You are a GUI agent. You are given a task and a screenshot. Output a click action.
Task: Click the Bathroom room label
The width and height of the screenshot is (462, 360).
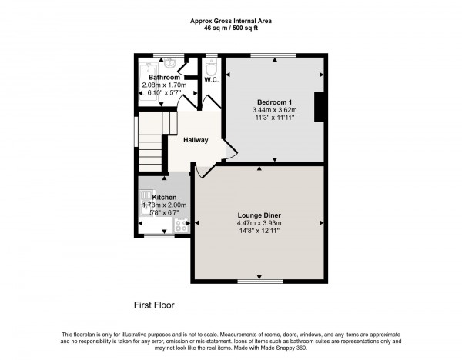164,78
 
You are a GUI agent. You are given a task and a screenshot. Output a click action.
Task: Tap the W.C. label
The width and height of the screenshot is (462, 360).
212,78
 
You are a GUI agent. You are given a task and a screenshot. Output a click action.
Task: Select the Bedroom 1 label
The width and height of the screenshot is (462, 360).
273,102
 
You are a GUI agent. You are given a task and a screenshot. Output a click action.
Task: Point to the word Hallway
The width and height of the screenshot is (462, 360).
196,140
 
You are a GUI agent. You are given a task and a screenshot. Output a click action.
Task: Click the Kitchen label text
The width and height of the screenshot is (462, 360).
154,197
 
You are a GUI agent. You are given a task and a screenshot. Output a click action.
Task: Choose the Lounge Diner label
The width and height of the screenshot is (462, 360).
259,214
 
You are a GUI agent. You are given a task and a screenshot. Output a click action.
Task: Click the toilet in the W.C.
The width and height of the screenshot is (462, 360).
212,65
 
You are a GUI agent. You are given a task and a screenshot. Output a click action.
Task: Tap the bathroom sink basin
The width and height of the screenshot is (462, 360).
171,64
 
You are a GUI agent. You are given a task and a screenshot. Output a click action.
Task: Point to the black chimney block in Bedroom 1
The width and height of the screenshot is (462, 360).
319,107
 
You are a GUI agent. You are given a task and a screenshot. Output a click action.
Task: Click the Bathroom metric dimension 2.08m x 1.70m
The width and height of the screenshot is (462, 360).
164,85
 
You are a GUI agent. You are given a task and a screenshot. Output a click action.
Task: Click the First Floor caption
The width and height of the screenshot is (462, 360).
154,305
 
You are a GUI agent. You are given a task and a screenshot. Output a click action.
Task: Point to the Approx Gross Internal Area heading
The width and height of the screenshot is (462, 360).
230,20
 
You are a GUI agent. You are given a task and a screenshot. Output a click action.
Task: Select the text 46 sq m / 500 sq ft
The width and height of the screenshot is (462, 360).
230,28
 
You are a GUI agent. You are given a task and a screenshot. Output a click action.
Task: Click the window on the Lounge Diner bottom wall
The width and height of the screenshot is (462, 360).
259,282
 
